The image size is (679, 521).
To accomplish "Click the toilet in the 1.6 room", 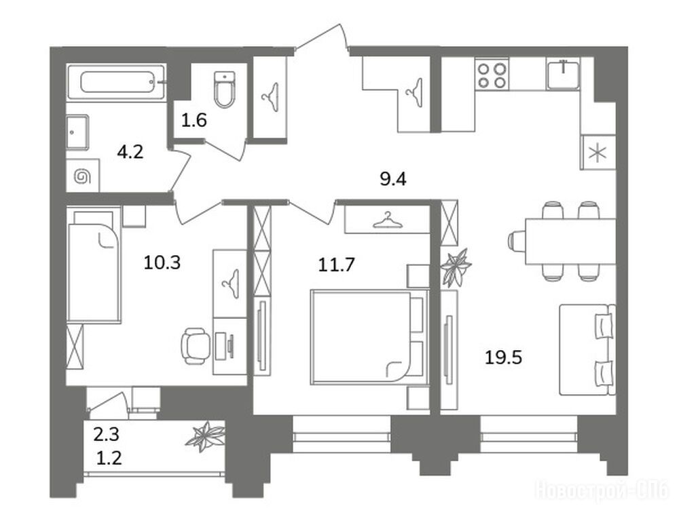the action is point(225,89).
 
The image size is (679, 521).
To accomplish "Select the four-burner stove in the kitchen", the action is point(492,75).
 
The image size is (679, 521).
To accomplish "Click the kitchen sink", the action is point(562,75).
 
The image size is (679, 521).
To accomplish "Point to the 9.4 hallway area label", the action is point(393,178).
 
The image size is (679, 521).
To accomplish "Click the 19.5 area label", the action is point(503,358).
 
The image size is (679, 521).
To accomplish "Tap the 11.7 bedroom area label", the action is point(337,264).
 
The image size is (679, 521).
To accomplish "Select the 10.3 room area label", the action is point(162,263).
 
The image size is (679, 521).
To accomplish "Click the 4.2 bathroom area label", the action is point(130,152).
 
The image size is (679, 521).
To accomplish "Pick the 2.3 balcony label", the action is point(107,434).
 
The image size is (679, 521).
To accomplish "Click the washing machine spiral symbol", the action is point(82,176).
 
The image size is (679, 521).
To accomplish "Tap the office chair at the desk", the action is point(194,345).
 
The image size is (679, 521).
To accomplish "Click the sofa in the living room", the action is point(587,349).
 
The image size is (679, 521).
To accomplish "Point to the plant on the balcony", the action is point(205,436).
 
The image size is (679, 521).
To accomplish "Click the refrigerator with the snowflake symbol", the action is point(598,153).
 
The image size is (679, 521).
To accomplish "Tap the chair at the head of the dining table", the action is point(516,241).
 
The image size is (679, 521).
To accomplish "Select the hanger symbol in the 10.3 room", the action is point(231,284).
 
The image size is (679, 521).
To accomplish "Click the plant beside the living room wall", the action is point(455,267).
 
